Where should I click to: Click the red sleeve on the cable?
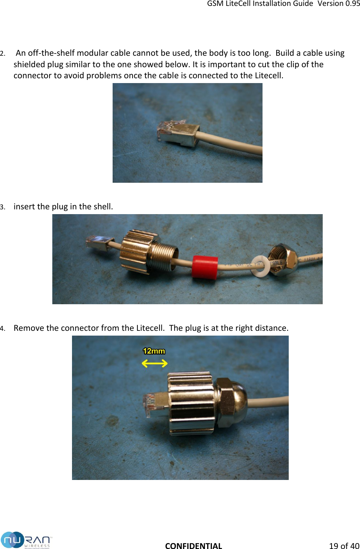coord(205,267)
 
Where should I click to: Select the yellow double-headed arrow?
coord(155,364)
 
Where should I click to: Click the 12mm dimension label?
coord(154,351)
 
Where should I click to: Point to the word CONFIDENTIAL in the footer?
coord(193,546)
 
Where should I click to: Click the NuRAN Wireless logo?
coord(26,540)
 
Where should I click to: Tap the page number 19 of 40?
coord(344,546)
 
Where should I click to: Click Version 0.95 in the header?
coord(339,4)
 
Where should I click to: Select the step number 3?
coord(3,207)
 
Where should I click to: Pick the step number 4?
coord(3,329)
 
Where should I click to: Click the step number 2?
coord(3,54)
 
